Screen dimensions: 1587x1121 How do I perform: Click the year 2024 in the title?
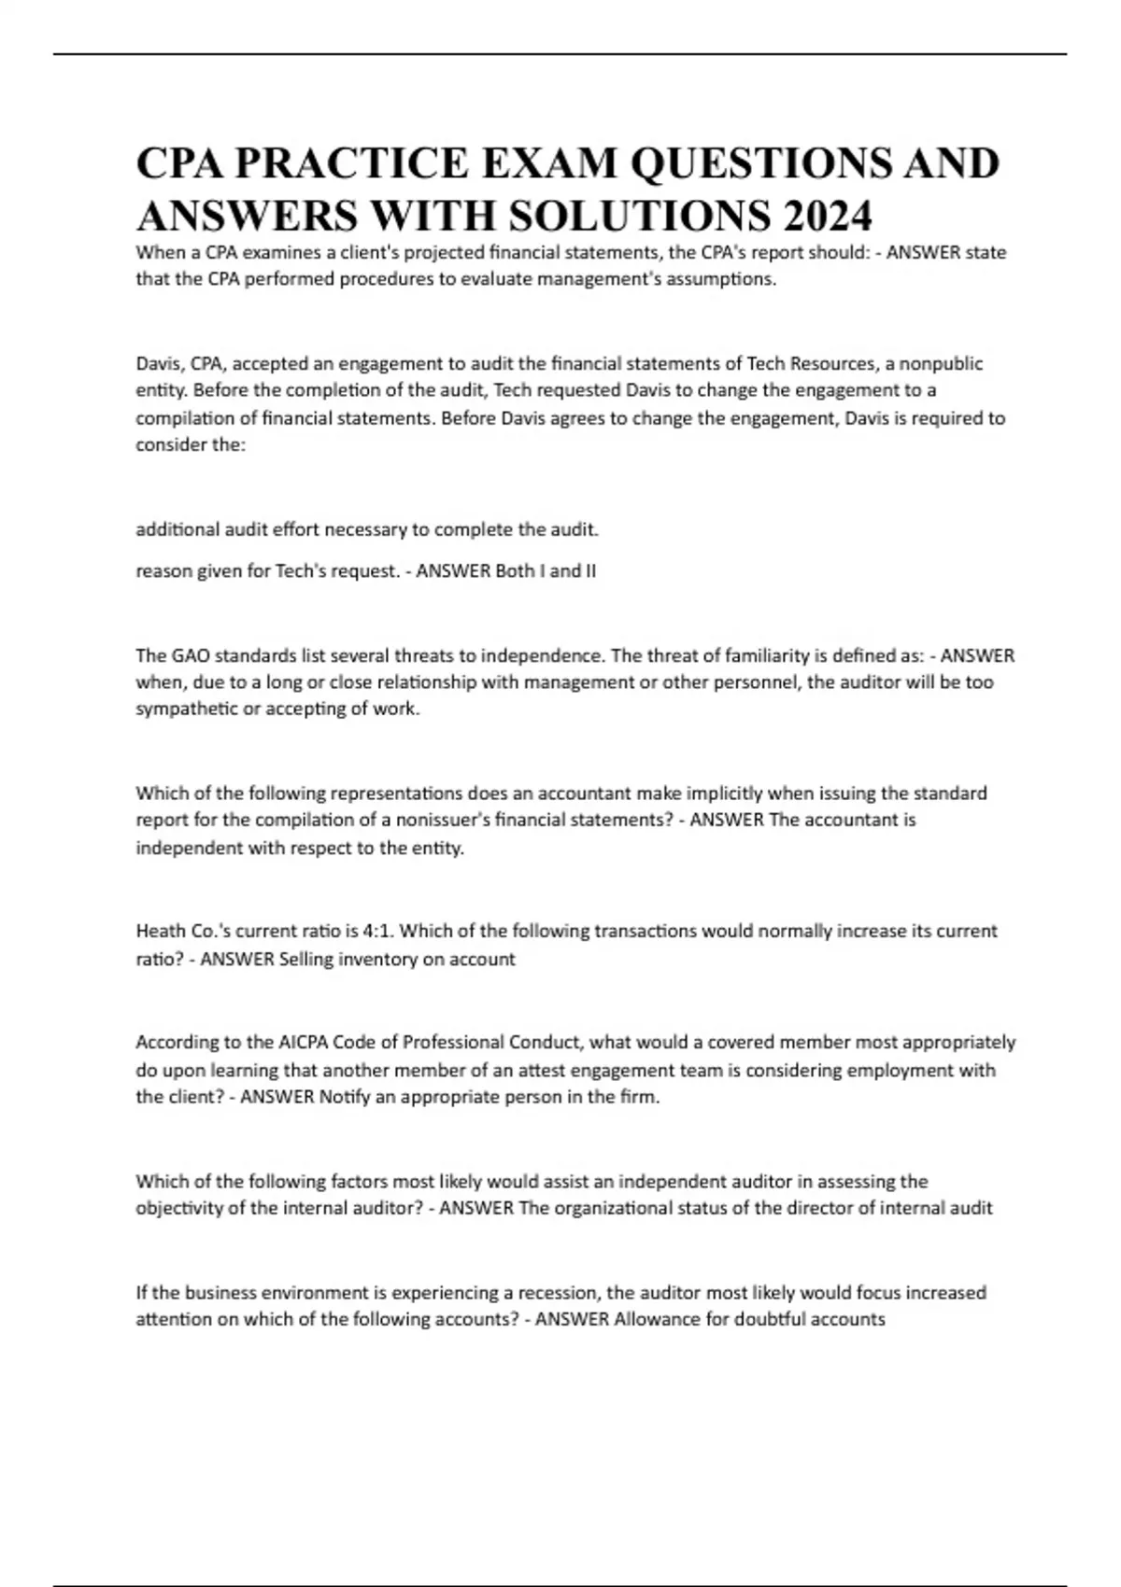point(828,217)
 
